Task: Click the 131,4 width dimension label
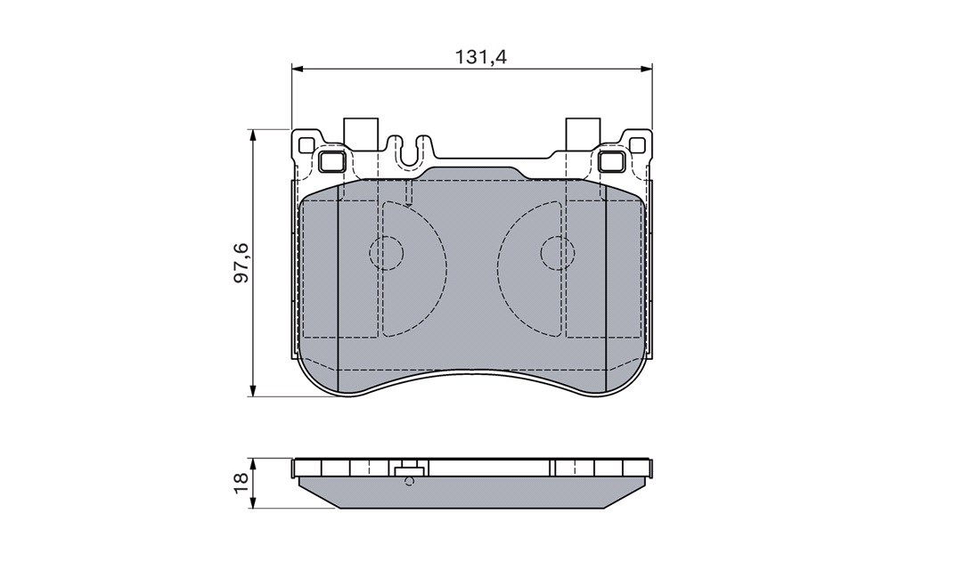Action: pyautogui.click(x=480, y=57)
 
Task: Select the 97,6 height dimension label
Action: pyautogui.click(x=241, y=262)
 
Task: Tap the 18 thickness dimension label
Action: pyautogui.click(x=241, y=483)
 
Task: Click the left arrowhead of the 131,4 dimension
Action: pyautogui.click(x=298, y=69)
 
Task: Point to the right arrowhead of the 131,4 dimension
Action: pyautogui.click(x=646, y=69)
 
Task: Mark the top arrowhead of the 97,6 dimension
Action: pyautogui.click(x=252, y=135)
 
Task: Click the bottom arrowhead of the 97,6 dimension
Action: pyautogui.click(x=252, y=391)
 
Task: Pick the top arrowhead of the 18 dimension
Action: pyautogui.click(x=252, y=463)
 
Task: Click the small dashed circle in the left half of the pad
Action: pyautogui.click(x=387, y=253)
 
